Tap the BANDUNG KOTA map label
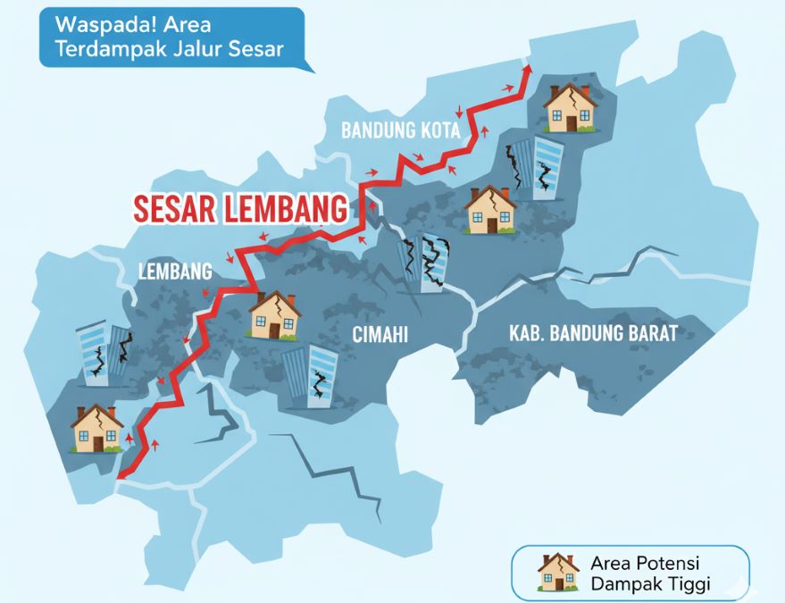pos(400,130)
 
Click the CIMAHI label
pos(379,336)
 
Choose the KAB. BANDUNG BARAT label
pos(593,334)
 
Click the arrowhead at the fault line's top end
pos(527,71)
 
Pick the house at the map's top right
pos(571,108)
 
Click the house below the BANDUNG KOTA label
pos(490,210)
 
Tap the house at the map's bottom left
pos(96,429)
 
